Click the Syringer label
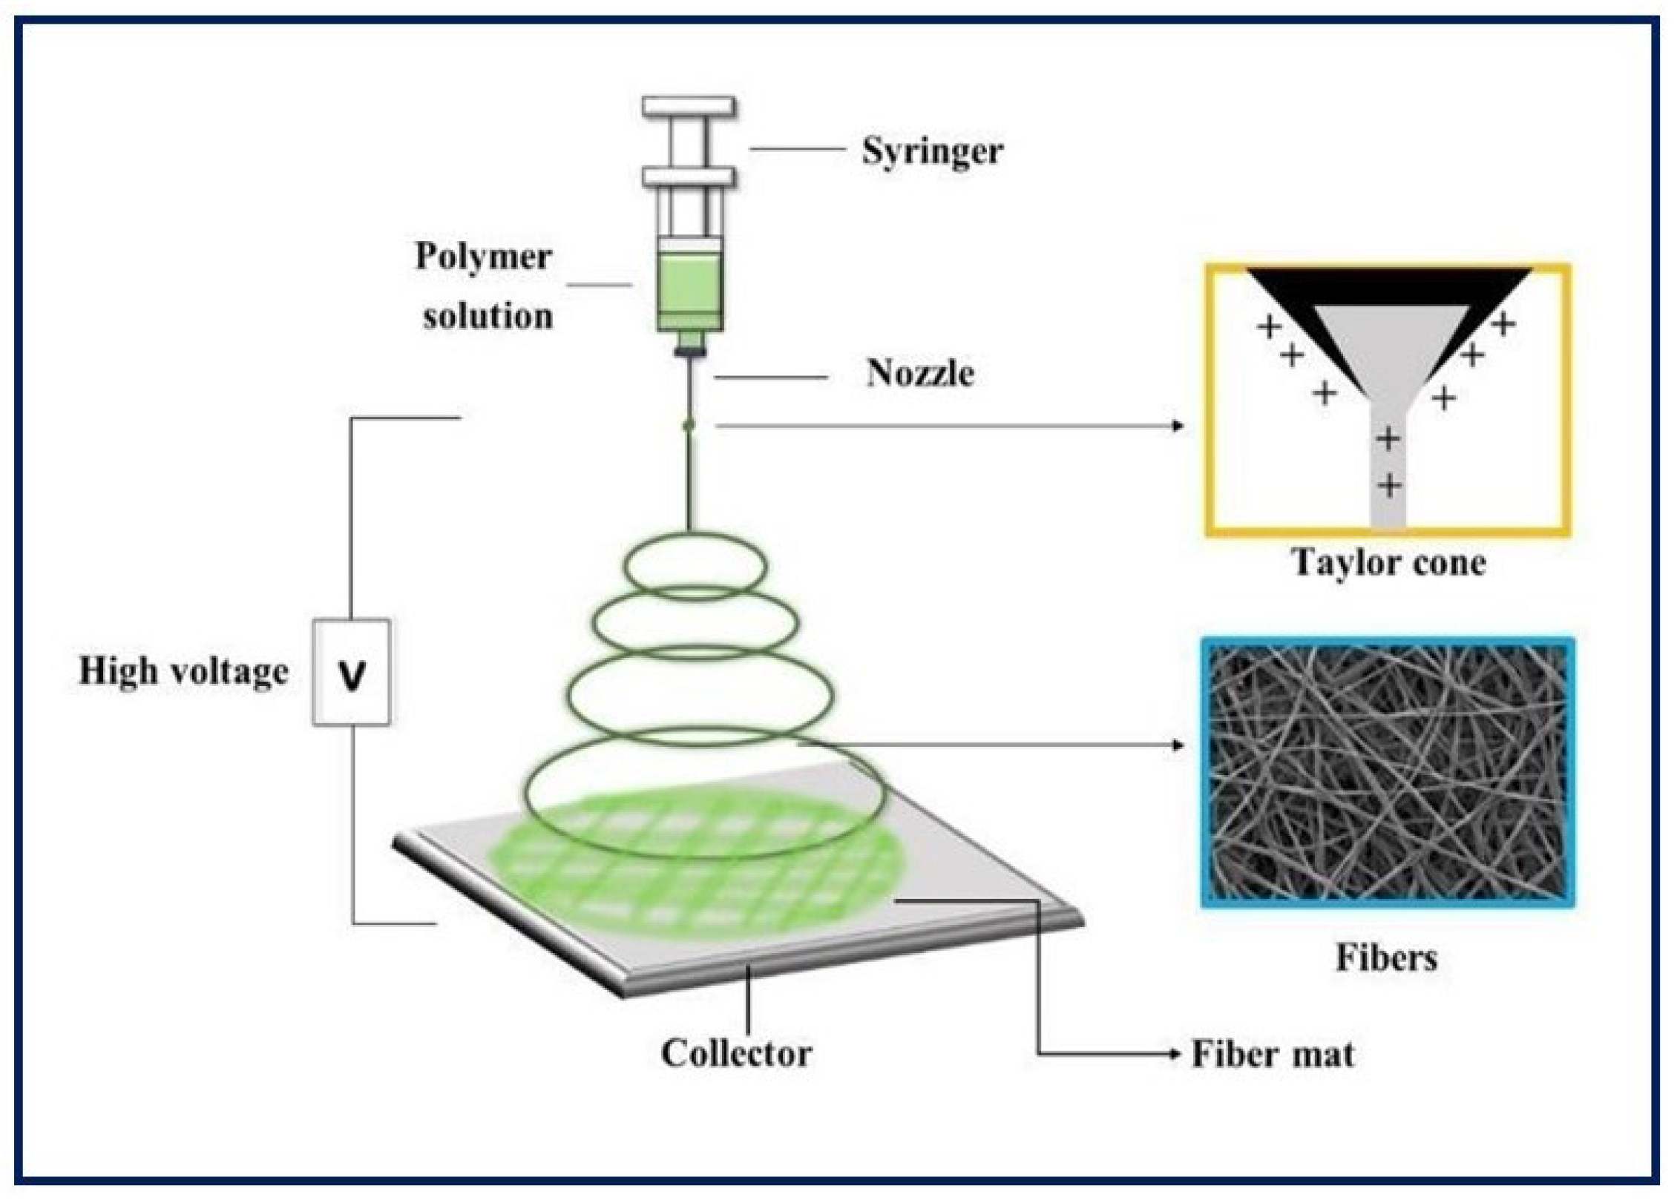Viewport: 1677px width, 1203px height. [932, 152]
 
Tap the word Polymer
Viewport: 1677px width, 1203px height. [483, 257]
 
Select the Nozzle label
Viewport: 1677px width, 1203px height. [919, 373]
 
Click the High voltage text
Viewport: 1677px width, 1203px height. [183, 672]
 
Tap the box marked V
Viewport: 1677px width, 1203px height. [351, 673]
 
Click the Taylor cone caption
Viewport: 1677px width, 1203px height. [1388, 563]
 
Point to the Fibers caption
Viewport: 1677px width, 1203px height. [1386, 958]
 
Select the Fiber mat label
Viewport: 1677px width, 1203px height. [1273, 1054]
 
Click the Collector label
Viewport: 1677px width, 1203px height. [736, 1053]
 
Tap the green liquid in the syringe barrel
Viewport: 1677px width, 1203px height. [689, 286]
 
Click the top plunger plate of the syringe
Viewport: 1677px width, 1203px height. [689, 107]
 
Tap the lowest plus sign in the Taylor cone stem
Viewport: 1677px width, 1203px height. [1389, 487]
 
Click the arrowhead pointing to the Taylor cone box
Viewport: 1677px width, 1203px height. [1178, 426]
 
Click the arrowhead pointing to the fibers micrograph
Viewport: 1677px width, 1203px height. [1178, 745]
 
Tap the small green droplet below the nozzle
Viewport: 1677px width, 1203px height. [689, 426]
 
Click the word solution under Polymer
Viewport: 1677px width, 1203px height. [488, 317]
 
